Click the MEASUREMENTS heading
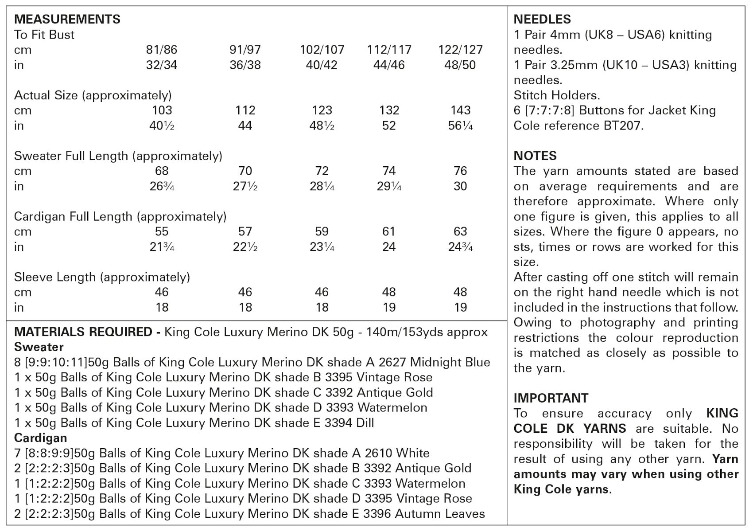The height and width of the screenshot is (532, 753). coord(67,20)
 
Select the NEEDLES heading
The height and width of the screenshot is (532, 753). coord(542,20)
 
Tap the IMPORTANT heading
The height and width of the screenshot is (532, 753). coord(551,398)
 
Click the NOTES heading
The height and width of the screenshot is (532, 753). coord(535,156)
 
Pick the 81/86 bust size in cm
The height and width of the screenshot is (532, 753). coord(161,50)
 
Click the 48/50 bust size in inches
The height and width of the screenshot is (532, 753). coord(460,65)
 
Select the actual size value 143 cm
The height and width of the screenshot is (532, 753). coord(460,110)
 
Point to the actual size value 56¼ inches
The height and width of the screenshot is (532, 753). coord(460,126)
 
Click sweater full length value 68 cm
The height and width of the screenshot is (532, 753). coord(161,171)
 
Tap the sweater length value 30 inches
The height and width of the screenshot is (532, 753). coord(460,186)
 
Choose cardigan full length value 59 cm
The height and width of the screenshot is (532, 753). coord(322,231)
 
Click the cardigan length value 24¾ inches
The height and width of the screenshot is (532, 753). coord(460,247)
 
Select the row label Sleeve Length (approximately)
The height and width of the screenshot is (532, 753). coord(102,277)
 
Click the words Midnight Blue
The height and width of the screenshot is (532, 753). coord(450,363)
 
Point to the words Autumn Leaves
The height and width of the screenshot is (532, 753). coord(439,514)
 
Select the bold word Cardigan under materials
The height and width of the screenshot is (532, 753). coord(40,438)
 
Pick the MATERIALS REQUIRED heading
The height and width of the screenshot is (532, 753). coord(83,332)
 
